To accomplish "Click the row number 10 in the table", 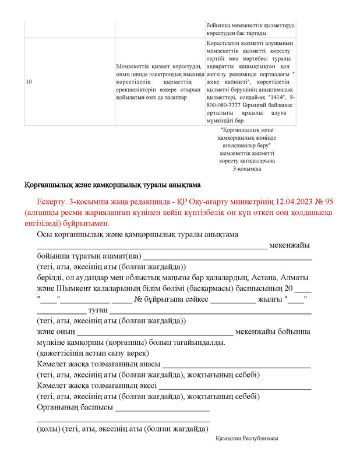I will [29, 82].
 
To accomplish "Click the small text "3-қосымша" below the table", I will [247, 168].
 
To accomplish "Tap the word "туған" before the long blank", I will [97, 310].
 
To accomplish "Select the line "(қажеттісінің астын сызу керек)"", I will [93, 353].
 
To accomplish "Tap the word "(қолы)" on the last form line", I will [48, 429].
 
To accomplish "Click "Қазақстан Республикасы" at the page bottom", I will [246, 438].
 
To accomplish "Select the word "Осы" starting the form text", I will [45, 234].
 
